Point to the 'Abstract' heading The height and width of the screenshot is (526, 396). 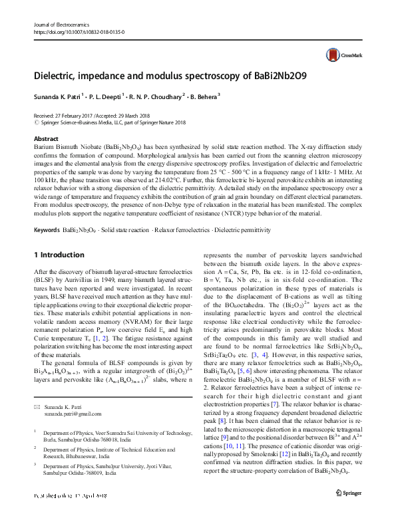point(46,139)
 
